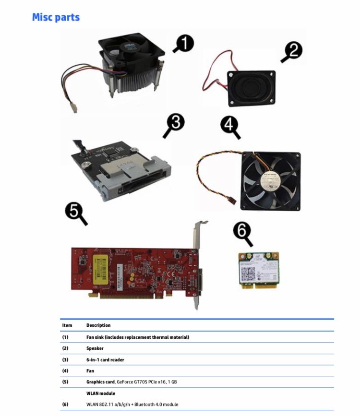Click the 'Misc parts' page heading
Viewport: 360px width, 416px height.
click(x=56, y=17)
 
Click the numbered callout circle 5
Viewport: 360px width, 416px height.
click(x=74, y=210)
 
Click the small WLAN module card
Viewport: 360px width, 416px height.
click(x=259, y=271)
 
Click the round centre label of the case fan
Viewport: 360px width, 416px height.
click(x=270, y=179)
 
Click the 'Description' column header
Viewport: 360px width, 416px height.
click(x=98, y=325)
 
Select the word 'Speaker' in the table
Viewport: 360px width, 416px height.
click(x=95, y=348)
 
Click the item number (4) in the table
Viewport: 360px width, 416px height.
click(x=65, y=371)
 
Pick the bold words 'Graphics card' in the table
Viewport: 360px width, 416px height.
click(x=100, y=382)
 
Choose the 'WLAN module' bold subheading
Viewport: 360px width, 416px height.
click(x=101, y=393)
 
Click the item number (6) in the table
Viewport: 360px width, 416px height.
click(x=65, y=404)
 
